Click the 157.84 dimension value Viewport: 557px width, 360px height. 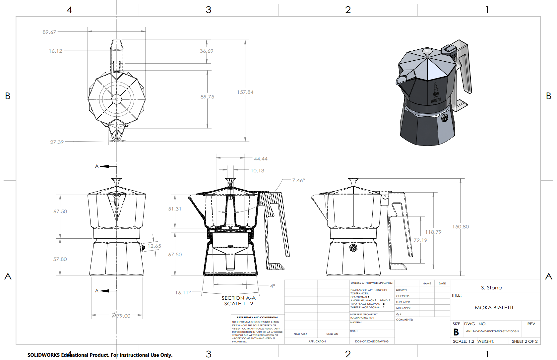(x=245, y=92)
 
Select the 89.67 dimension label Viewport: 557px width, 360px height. (x=49, y=32)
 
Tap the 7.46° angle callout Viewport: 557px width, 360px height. (x=298, y=180)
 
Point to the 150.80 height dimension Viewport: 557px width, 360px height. (x=461, y=227)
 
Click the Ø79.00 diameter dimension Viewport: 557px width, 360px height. (x=121, y=316)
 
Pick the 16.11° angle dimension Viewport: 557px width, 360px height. (x=183, y=293)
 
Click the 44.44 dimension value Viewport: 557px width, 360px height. (x=261, y=159)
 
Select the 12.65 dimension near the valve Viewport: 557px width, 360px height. (x=154, y=246)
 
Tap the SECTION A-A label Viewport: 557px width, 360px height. (x=238, y=298)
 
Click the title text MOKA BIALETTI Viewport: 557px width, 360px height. (x=494, y=308)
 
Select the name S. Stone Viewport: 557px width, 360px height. (x=491, y=288)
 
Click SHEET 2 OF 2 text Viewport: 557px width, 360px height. (x=525, y=341)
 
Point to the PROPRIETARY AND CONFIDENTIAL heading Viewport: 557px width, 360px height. (x=257, y=317)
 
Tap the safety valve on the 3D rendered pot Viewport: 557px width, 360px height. (x=445, y=118)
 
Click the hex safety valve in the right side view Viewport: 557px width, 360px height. (x=353, y=247)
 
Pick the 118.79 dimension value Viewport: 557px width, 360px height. (x=433, y=232)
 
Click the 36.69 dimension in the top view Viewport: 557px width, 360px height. (x=206, y=51)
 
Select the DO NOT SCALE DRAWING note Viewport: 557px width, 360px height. (x=372, y=341)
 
